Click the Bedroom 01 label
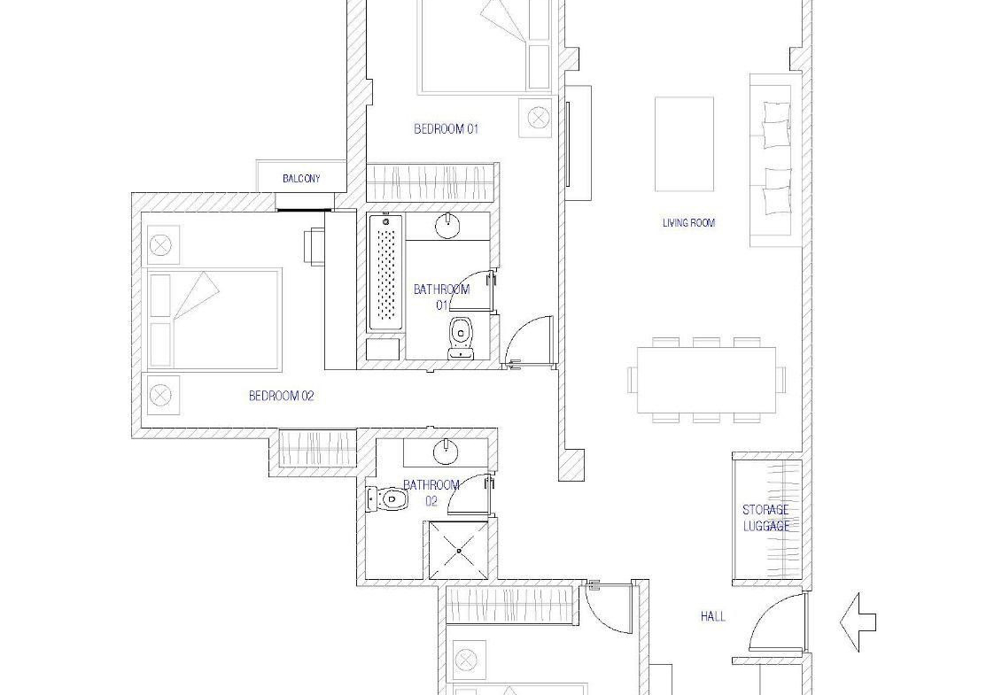446,129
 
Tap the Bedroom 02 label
281,396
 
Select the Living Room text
688,223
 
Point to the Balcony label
301,179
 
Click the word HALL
712,616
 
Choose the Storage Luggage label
765,518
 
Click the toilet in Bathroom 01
460,337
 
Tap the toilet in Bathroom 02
387,498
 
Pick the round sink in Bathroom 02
446,452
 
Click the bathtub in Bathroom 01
386,273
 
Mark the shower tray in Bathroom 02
458,550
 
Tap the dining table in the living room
706,380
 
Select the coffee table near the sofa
684,143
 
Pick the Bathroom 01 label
441,297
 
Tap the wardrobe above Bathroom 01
431,182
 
